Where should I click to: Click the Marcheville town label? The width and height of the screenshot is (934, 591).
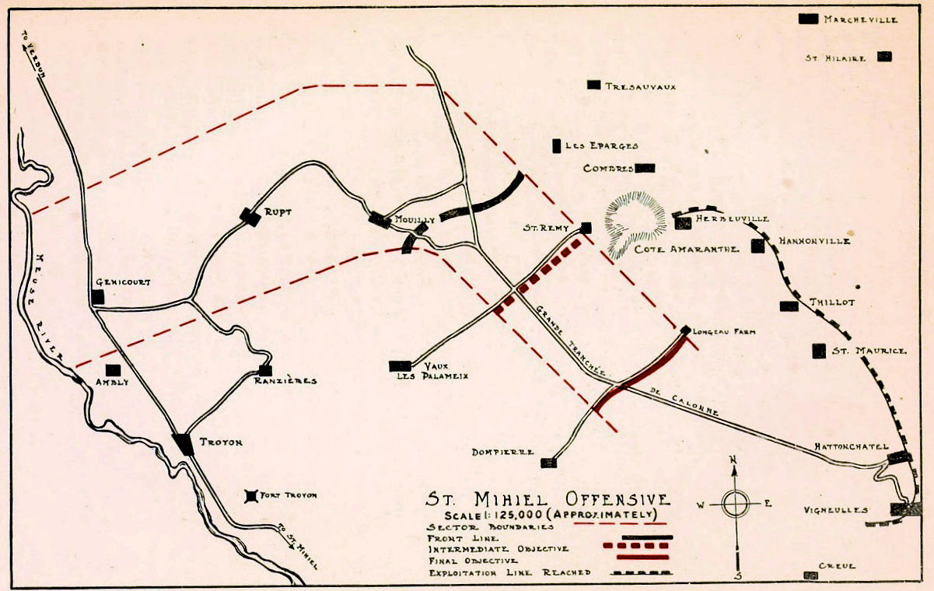pyautogui.click(x=860, y=19)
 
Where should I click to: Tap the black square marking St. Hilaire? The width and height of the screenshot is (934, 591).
pyautogui.click(x=884, y=56)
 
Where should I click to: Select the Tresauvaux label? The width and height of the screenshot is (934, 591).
pyautogui.click(x=640, y=86)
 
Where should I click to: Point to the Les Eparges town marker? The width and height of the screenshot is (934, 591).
pyautogui.click(x=557, y=145)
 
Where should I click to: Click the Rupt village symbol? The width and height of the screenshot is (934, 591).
pyautogui.click(x=250, y=217)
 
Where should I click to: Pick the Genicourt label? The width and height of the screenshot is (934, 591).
pyautogui.click(x=123, y=282)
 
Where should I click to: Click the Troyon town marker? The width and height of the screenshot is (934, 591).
pyautogui.click(x=184, y=443)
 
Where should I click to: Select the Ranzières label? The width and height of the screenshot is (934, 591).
pyautogui.click(x=285, y=381)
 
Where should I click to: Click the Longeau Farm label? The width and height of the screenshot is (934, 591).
pyautogui.click(x=719, y=330)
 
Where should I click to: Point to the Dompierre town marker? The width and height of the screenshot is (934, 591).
pyautogui.click(x=548, y=463)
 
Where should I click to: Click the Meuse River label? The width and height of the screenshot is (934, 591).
pyautogui.click(x=48, y=304)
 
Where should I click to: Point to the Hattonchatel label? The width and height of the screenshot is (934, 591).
pyautogui.click(x=851, y=446)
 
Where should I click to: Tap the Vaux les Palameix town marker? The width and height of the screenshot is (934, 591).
pyautogui.click(x=400, y=365)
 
